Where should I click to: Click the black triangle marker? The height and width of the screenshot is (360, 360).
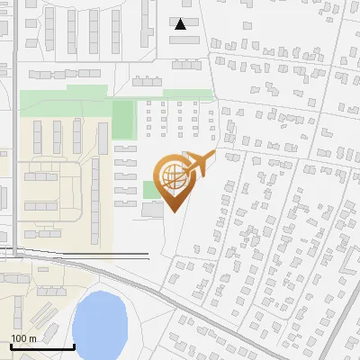click(x=182, y=24)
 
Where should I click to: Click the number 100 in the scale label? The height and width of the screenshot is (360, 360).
click(x=20, y=337)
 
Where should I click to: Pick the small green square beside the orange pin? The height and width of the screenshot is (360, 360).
click(x=148, y=189)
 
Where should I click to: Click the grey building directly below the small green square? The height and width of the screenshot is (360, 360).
click(x=151, y=209)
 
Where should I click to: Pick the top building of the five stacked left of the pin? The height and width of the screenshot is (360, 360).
click(x=125, y=148)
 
